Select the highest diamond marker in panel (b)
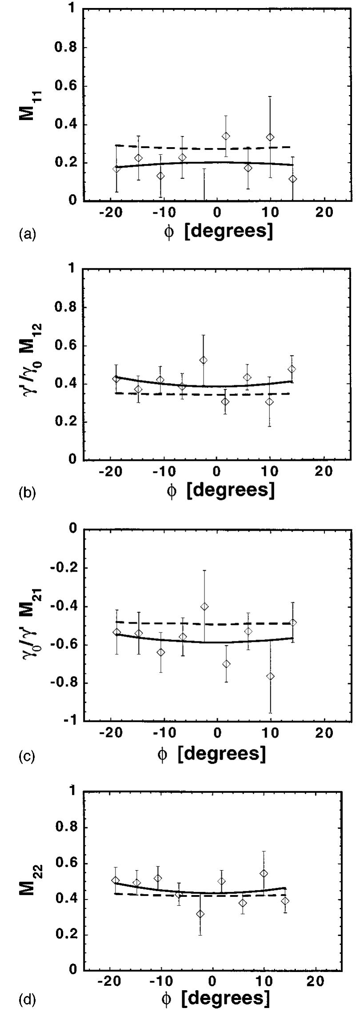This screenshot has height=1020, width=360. [x=203, y=360]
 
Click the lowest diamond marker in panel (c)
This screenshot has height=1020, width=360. [x=270, y=676]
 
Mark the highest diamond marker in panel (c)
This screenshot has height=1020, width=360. [x=204, y=606]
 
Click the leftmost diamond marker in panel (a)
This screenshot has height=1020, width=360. [x=116, y=169]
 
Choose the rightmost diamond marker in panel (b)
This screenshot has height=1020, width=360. [x=292, y=369]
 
